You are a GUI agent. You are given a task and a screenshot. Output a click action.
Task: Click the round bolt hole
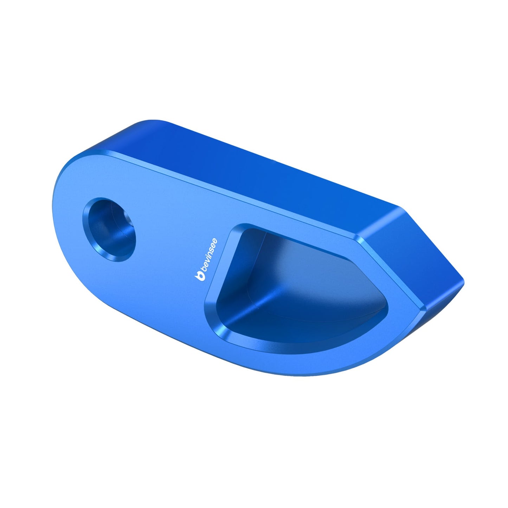pos(109,230)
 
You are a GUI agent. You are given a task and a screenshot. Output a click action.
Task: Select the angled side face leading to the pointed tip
pos(411,253)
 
